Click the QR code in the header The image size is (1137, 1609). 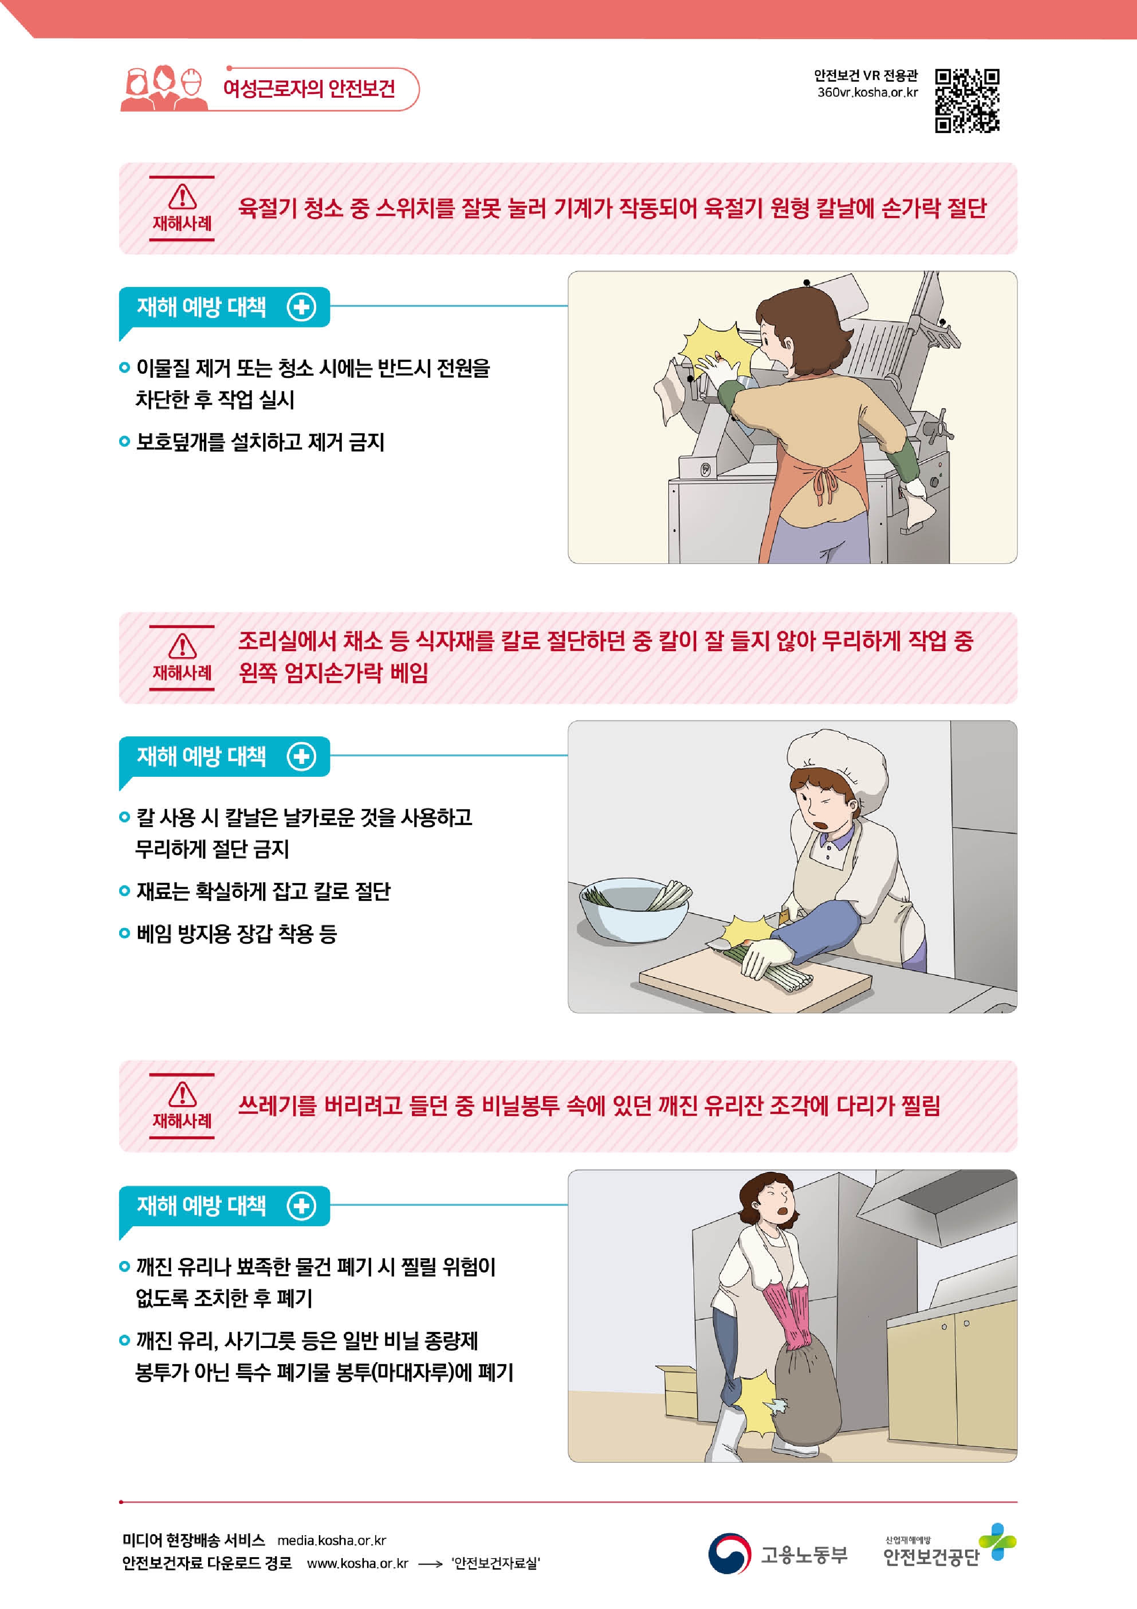coord(967,100)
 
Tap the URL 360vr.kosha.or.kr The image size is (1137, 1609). coord(867,93)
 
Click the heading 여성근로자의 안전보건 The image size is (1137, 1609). coord(309,88)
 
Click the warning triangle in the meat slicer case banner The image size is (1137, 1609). coord(182,196)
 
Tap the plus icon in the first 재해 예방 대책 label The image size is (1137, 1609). coord(301,307)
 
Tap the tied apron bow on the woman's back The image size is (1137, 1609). coord(827,484)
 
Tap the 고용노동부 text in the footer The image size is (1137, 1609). coord(804,1555)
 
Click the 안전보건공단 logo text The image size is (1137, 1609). coord(931,1557)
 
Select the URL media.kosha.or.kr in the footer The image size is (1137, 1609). coord(331,1540)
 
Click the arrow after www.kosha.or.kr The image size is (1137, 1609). coord(430,1564)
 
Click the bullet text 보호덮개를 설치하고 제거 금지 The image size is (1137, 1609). coord(260,442)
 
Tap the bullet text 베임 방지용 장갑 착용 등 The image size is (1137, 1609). coord(236,934)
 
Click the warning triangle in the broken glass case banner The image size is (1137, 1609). coord(182,1094)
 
